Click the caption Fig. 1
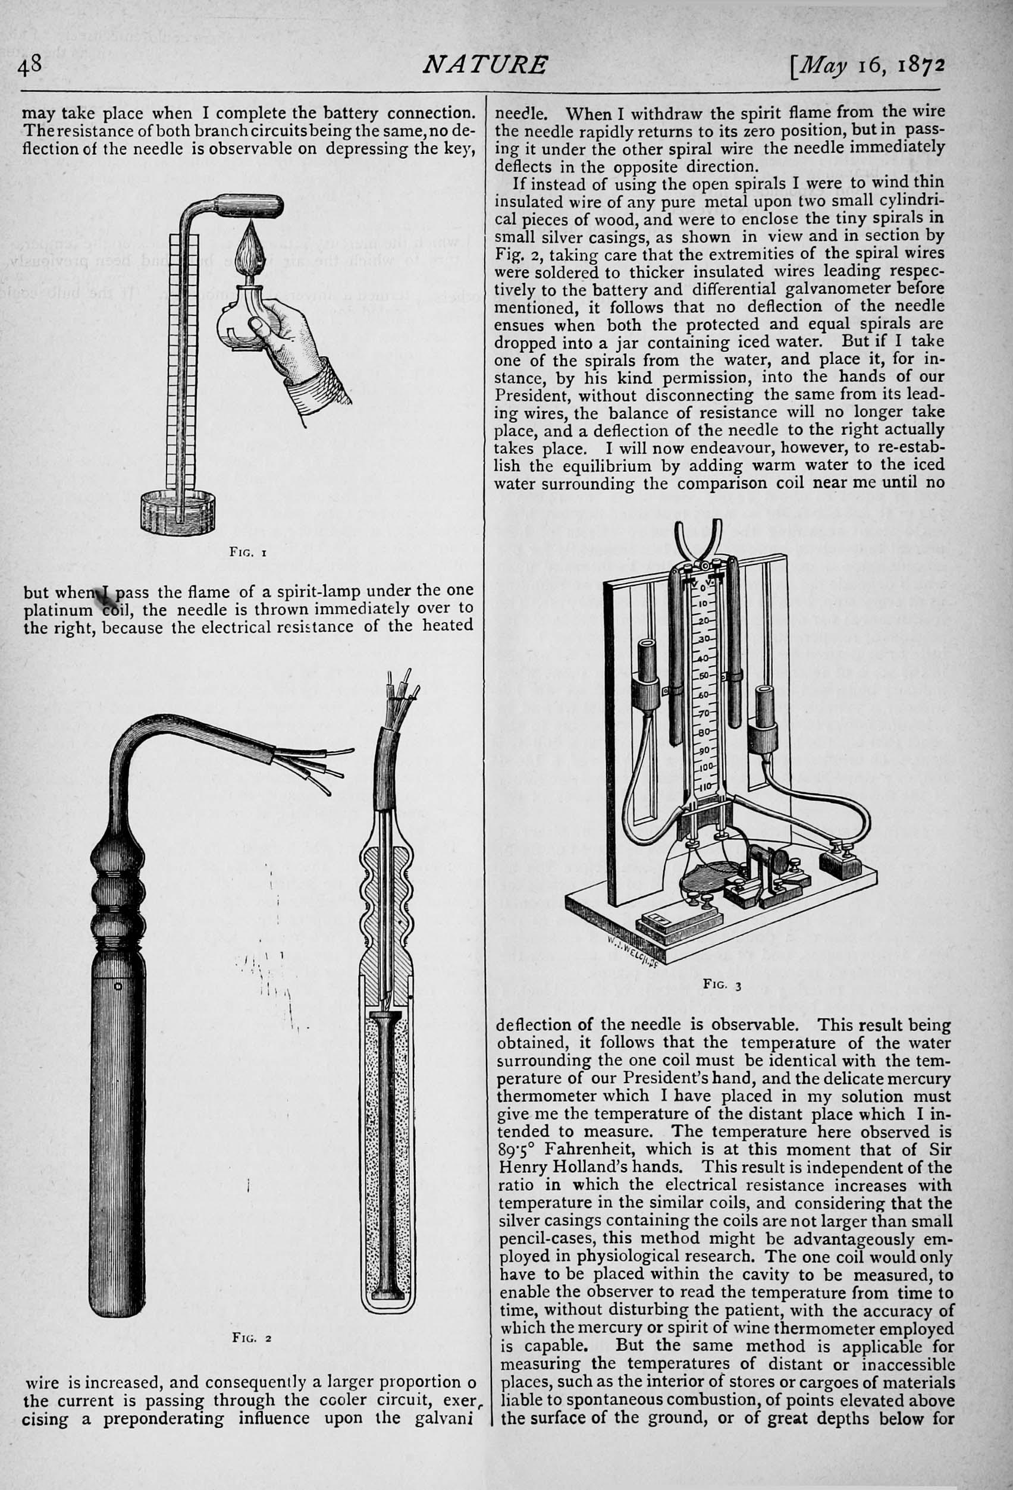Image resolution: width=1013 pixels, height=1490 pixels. click(x=246, y=551)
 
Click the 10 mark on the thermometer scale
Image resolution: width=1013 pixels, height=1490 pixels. click(x=703, y=604)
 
